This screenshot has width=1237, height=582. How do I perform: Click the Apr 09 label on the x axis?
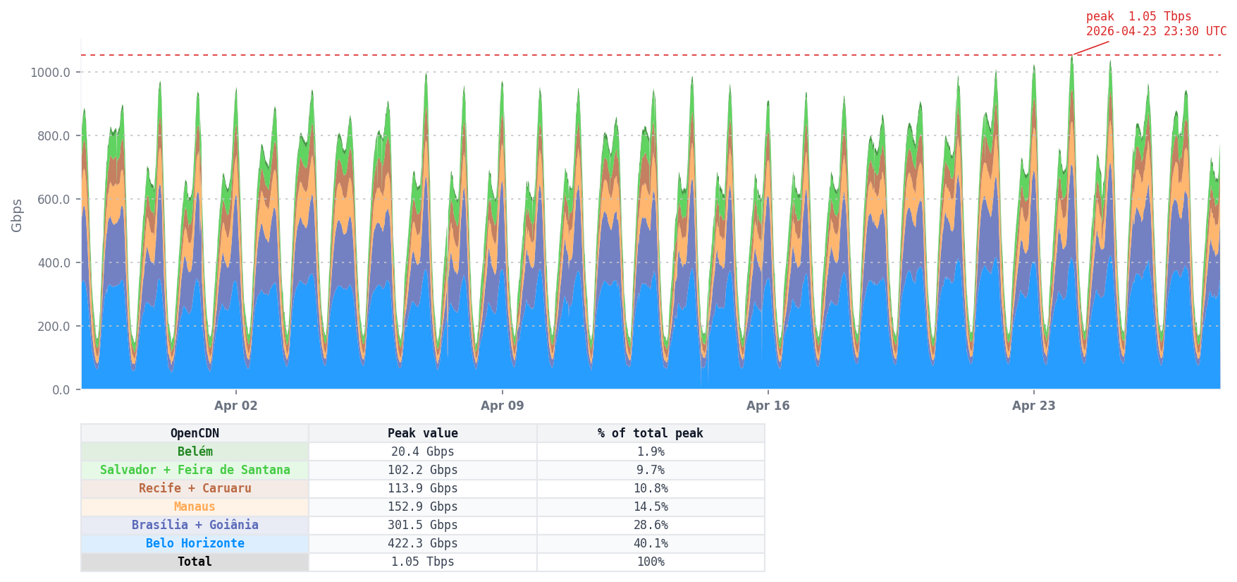click(502, 406)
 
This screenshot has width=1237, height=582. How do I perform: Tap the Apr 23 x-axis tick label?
click(1033, 406)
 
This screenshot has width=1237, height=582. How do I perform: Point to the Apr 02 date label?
click(235, 406)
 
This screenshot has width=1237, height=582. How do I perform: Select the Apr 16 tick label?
click(768, 406)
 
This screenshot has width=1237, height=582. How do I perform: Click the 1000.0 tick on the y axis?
click(50, 73)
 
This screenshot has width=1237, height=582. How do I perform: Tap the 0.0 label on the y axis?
click(61, 390)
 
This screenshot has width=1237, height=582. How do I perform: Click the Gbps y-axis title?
click(17, 215)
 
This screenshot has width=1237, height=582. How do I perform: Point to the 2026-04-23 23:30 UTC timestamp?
click(1156, 32)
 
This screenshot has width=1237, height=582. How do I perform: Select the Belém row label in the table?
click(195, 451)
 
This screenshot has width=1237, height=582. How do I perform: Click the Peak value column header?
click(422, 433)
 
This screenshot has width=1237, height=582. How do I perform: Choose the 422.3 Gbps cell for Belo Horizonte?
click(422, 543)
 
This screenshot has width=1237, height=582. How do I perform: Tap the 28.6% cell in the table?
click(650, 525)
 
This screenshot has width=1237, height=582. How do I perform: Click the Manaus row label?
click(195, 507)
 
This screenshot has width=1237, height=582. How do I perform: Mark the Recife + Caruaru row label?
click(195, 488)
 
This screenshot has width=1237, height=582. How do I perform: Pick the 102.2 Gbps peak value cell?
click(422, 470)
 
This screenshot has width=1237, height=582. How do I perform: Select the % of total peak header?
click(650, 433)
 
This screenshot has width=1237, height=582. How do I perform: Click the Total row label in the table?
click(195, 562)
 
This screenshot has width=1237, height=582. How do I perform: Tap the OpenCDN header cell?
click(195, 433)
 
